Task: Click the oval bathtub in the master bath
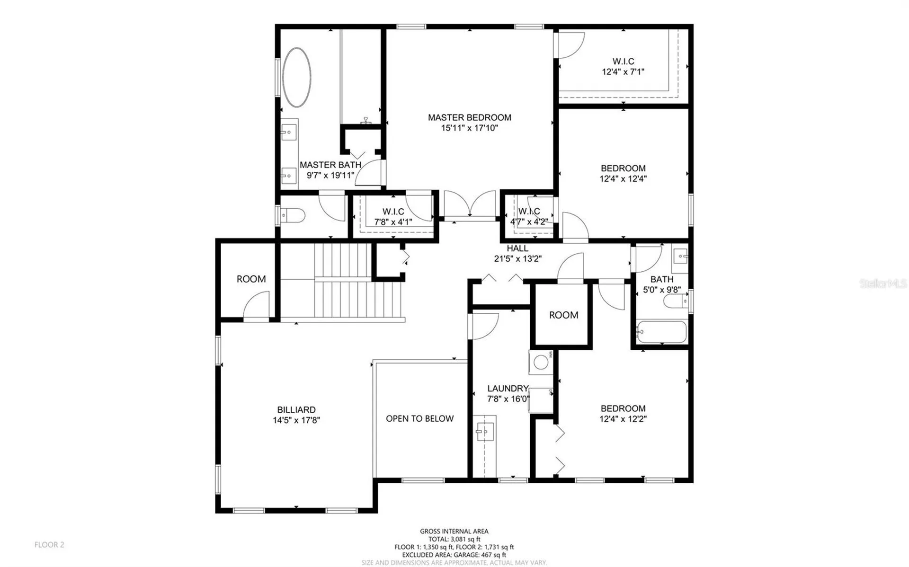[297, 77]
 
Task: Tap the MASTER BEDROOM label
[470, 117]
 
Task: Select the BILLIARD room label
[296, 410]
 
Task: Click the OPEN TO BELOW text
[419, 418]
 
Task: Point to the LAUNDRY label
[508, 388]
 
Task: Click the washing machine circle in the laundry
[541, 363]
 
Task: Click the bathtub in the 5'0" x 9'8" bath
[661, 332]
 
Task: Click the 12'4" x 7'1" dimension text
[623, 72]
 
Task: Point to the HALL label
[517, 248]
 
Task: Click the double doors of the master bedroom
[470, 204]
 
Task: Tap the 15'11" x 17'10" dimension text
[470, 128]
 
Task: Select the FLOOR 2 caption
[49, 545]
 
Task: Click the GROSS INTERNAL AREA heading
[454, 532]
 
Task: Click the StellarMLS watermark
[883, 283]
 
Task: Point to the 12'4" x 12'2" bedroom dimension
[623, 419]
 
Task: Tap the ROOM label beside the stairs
[251, 279]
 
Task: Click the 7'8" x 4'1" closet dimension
[393, 221]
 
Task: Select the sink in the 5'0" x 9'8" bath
[680, 257]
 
